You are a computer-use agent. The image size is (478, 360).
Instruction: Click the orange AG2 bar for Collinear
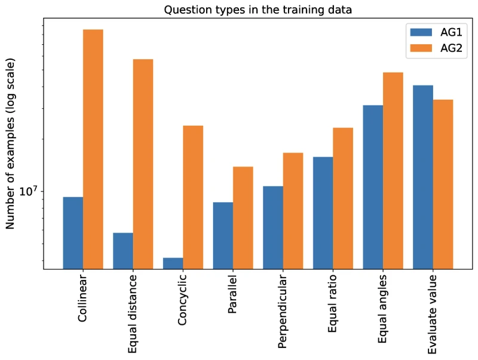pyautogui.click(x=93, y=149)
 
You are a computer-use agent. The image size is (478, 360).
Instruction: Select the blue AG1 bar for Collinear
pyautogui.click(x=73, y=233)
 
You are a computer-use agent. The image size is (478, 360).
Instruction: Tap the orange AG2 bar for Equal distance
pyautogui.click(x=143, y=164)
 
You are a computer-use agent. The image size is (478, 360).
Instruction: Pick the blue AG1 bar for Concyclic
pyautogui.click(x=173, y=264)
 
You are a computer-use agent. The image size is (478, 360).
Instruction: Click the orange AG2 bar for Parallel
pyautogui.click(x=243, y=218)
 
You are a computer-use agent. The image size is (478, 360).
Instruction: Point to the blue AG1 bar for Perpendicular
pyautogui.click(x=273, y=228)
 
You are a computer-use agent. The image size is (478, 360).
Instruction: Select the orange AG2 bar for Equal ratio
pyautogui.click(x=343, y=199)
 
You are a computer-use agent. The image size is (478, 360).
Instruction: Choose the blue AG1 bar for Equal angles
pyautogui.click(x=373, y=187)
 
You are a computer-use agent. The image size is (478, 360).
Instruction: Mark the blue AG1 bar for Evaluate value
pyautogui.click(x=423, y=177)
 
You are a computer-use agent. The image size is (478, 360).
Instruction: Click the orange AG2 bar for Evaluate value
pyautogui.click(x=443, y=184)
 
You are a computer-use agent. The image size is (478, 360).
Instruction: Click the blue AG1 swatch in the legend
pyautogui.click(x=421, y=32)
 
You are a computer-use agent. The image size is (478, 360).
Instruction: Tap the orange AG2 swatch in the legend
pyautogui.click(x=421, y=48)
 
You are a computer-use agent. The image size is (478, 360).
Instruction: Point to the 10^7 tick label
pyautogui.click(x=27, y=191)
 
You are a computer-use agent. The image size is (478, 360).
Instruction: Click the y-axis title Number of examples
pyautogui.click(x=10, y=144)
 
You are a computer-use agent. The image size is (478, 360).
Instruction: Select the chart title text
pyautogui.click(x=258, y=10)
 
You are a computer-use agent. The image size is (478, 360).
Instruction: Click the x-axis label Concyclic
pyautogui.click(x=182, y=300)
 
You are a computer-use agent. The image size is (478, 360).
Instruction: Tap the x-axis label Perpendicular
pyautogui.click(x=282, y=312)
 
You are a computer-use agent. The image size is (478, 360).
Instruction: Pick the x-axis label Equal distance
pyautogui.click(x=132, y=314)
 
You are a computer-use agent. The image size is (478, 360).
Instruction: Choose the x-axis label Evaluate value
pyautogui.click(x=432, y=314)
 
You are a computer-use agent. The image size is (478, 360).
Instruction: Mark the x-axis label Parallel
pyautogui.click(x=232, y=294)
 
